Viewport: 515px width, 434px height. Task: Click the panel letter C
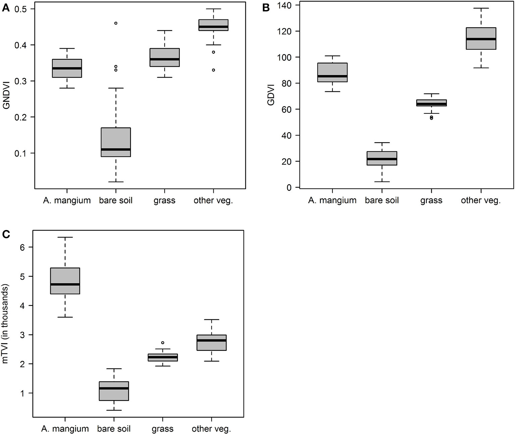pyautogui.click(x=6, y=234)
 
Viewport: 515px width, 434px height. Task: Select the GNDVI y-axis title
pyautogui.click(x=6, y=97)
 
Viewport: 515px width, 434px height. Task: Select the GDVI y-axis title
pyautogui.click(x=271, y=95)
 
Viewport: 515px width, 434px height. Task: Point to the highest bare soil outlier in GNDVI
pyautogui.click(x=116, y=23)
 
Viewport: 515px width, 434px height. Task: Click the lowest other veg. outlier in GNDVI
pyautogui.click(x=213, y=70)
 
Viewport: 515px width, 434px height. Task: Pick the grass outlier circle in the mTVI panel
pyautogui.click(x=163, y=343)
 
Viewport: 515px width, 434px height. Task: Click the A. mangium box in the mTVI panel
pyautogui.click(x=65, y=281)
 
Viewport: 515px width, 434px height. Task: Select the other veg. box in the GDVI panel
pyautogui.click(x=481, y=38)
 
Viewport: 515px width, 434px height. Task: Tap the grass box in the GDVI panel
pyautogui.click(x=431, y=103)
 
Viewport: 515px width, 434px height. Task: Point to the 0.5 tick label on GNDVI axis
pyautogui.click(x=20, y=9)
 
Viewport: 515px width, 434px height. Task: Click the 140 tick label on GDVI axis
pyautogui.click(x=284, y=5)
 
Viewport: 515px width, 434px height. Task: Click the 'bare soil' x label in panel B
pyautogui.click(x=382, y=201)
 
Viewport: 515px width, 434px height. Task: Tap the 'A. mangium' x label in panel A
pyautogui.click(x=67, y=201)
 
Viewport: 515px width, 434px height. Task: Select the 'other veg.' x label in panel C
pyautogui.click(x=211, y=429)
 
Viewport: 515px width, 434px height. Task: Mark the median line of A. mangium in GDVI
pyautogui.click(x=332, y=76)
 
